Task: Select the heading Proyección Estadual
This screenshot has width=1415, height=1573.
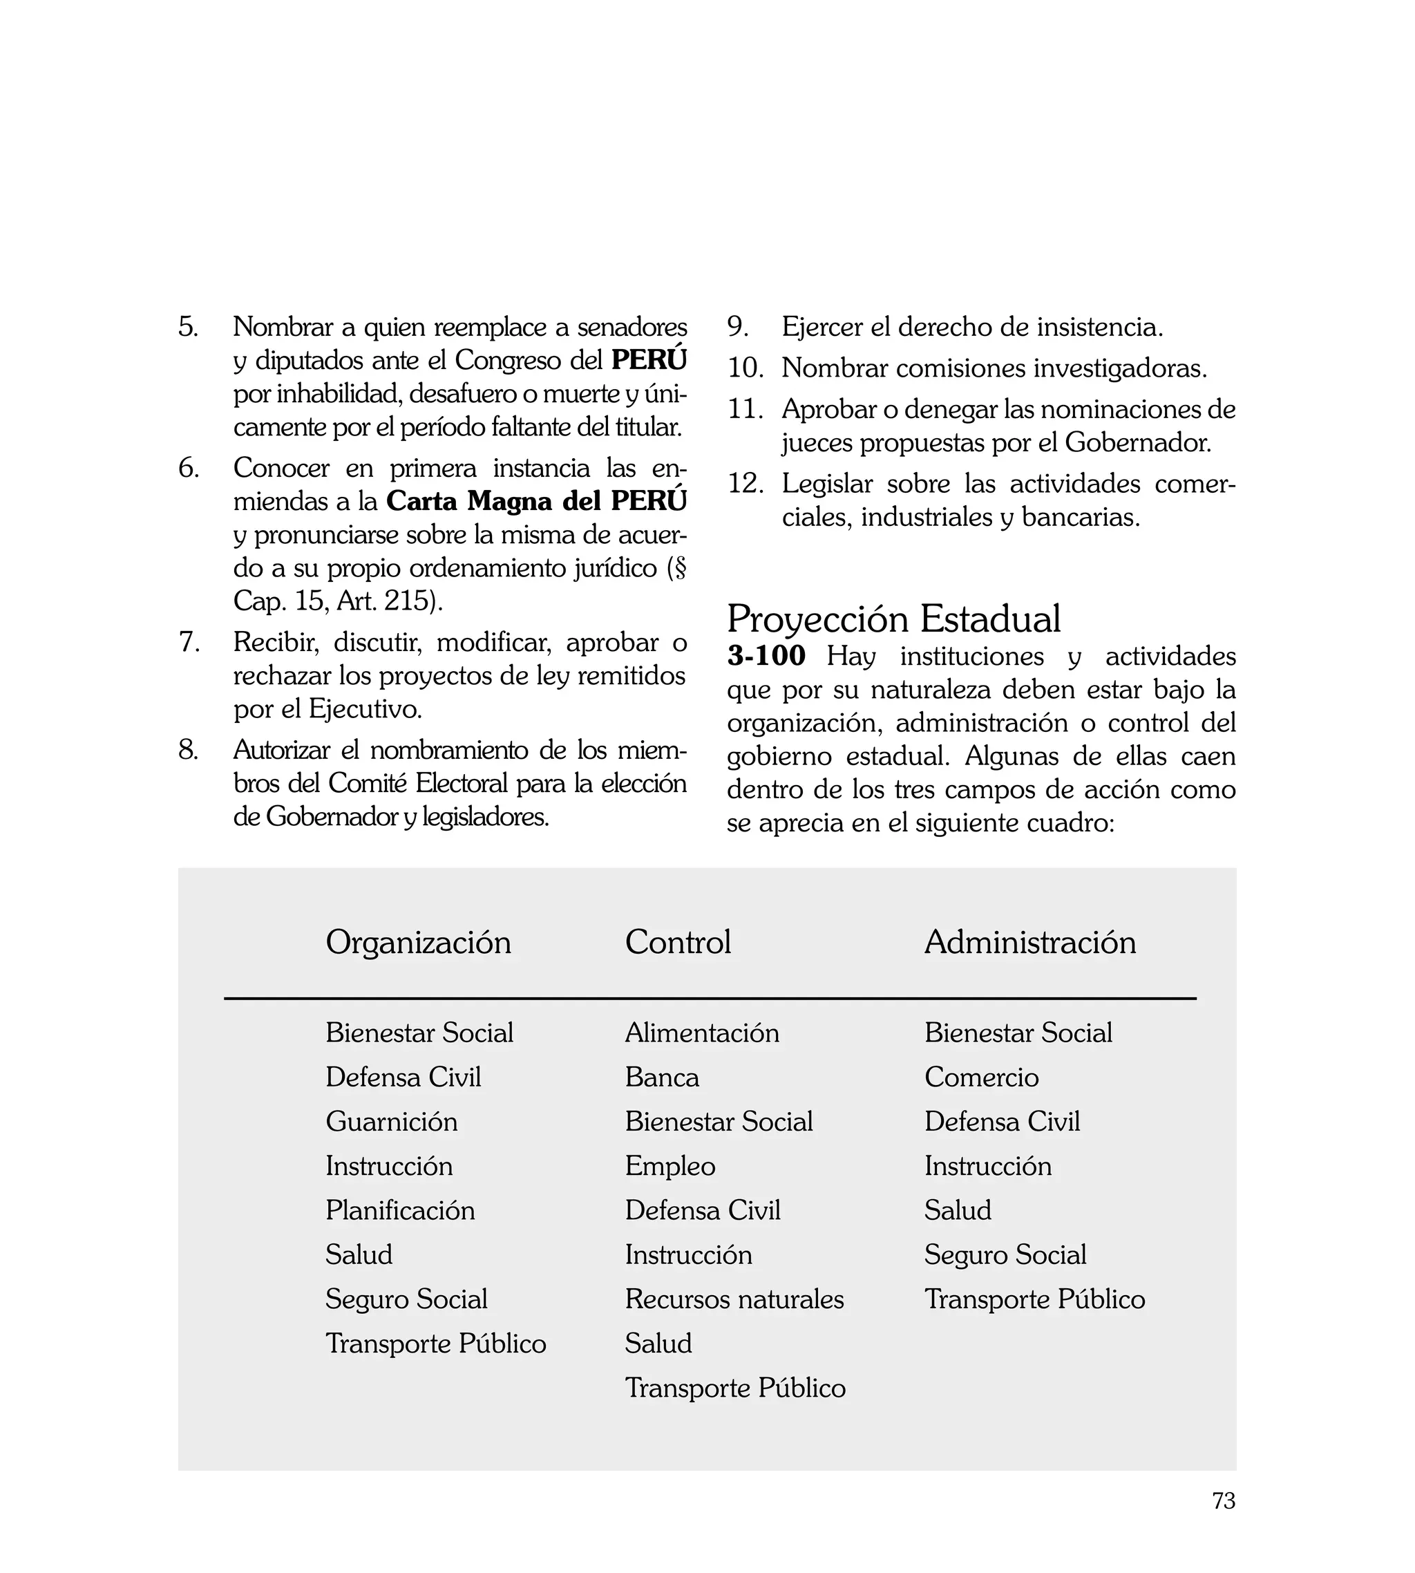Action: coord(893,619)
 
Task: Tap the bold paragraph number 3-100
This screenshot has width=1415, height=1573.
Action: coord(766,655)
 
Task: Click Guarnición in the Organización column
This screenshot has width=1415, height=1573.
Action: coord(391,1121)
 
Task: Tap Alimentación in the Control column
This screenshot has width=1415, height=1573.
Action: coord(701,1033)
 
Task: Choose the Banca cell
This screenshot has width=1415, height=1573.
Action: coord(662,1077)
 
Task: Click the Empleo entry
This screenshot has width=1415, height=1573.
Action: coord(669,1165)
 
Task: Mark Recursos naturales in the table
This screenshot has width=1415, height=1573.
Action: coord(734,1299)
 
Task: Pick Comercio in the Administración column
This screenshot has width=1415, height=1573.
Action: coord(981,1077)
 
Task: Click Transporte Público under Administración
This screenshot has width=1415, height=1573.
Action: coord(1034,1299)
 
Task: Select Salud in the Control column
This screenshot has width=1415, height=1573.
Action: coord(658,1343)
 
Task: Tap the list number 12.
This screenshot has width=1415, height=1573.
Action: coord(745,484)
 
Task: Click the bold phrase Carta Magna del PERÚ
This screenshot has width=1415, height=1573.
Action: coord(536,501)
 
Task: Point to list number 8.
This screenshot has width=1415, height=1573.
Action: coord(188,751)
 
